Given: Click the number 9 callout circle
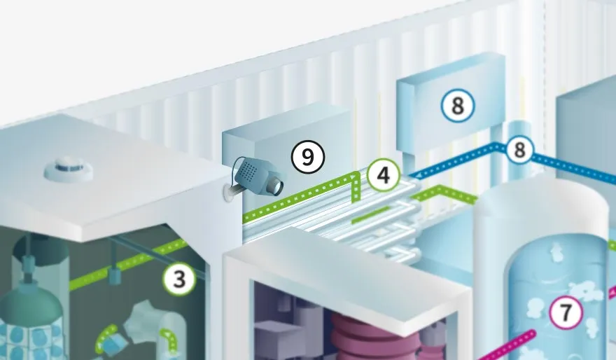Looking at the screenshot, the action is [x=308, y=157].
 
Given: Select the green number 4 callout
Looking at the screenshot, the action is [x=384, y=175].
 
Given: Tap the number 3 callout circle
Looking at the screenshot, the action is [x=179, y=279].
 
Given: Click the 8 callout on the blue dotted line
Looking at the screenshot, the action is [x=519, y=150].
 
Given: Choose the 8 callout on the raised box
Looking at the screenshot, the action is [x=458, y=105].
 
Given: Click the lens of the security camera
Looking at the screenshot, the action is [x=277, y=186].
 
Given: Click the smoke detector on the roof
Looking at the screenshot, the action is [x=69, y=169].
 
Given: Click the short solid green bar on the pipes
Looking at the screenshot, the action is [x=370, y=214].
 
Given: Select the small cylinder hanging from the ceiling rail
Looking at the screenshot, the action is [x=114, y=276].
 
